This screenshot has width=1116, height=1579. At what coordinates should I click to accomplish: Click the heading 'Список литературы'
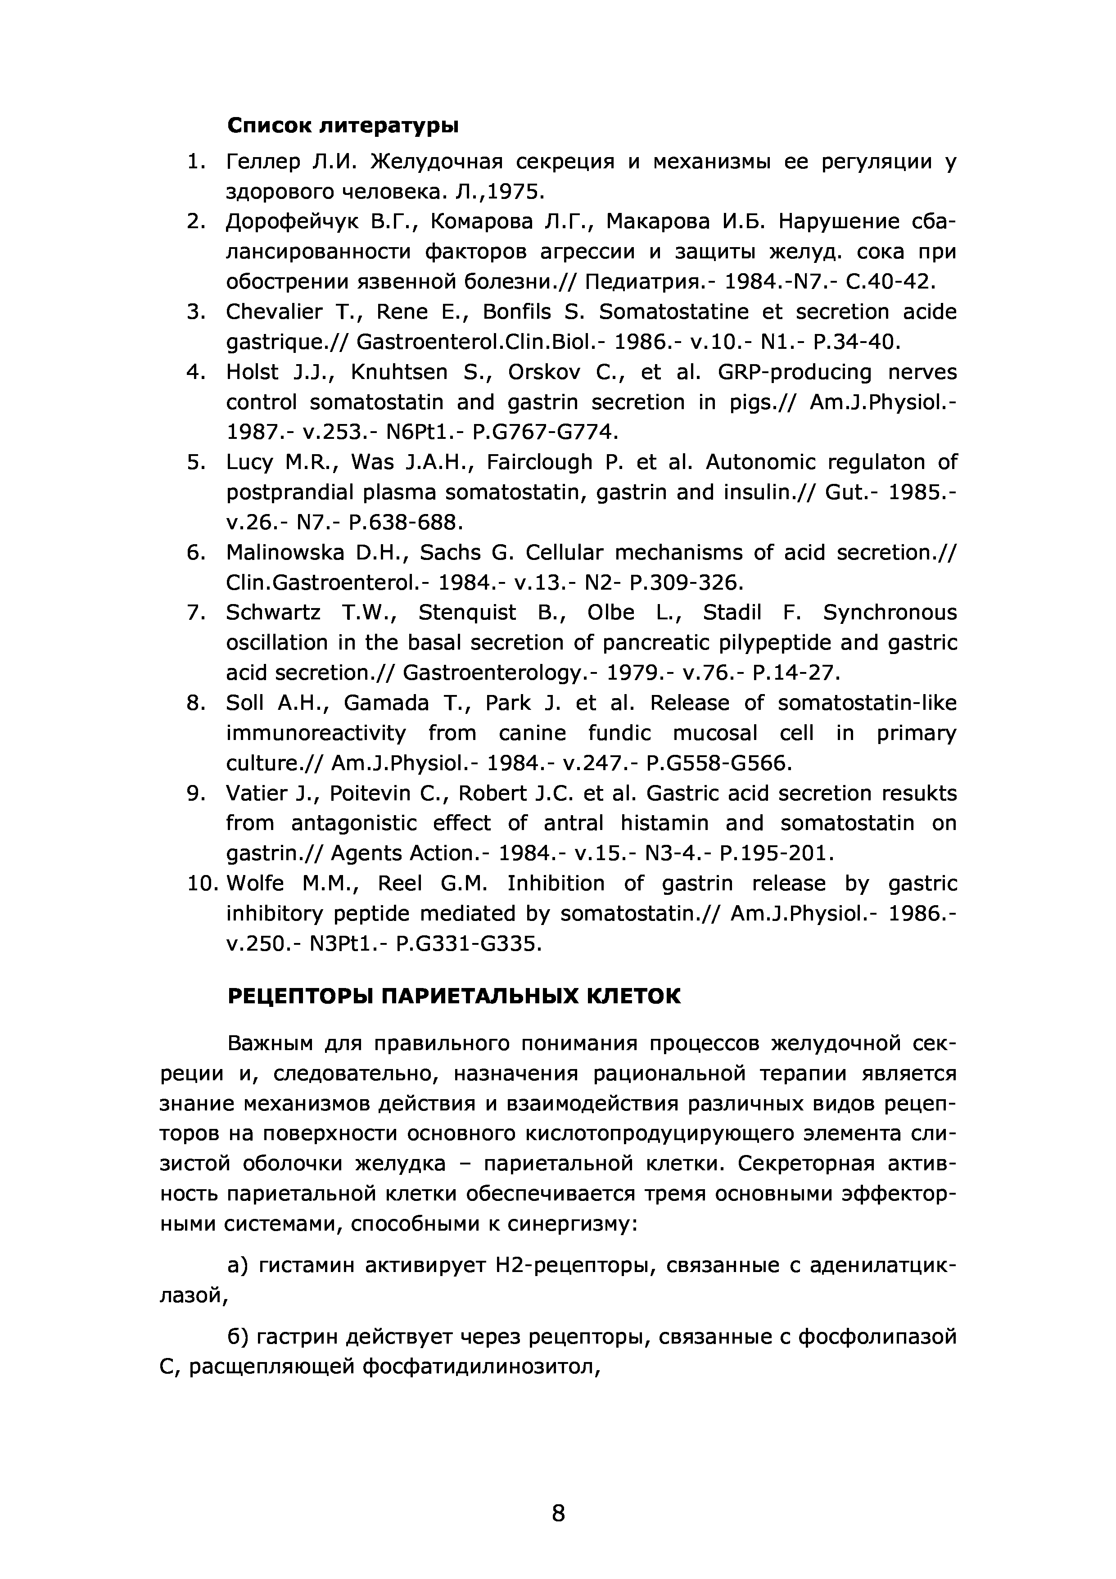(x=343, y=126)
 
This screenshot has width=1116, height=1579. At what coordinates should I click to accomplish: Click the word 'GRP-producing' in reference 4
(x=794, y=372)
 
